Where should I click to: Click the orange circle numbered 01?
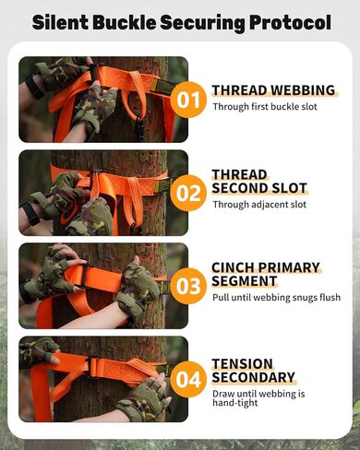[x=188, y=100]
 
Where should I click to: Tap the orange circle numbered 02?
[x=188, y=193]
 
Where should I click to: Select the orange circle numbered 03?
[x=188, y=286]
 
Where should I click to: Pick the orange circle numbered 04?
[x=188, y=379]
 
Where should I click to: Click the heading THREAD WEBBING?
[x=273, y=90]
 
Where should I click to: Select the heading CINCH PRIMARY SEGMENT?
[x=266, y=274]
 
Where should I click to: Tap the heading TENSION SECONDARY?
[x=254, y=370]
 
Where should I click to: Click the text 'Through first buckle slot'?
[x=268, y=107]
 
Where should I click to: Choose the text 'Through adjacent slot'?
[x=258, y=204]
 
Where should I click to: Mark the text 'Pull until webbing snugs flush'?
[x=276, y=297]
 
